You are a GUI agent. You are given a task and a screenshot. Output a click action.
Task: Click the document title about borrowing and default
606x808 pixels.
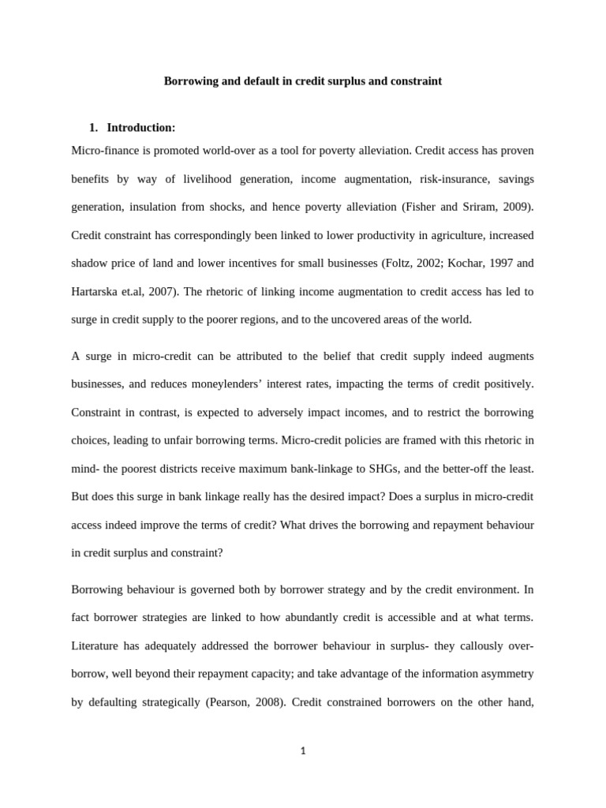[302, 81]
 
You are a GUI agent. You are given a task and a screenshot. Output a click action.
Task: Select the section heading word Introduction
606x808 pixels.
[140, 128]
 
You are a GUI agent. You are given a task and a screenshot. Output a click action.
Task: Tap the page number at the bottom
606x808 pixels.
[302, 751]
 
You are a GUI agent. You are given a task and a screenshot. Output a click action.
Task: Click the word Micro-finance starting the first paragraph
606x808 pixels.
[103, 150]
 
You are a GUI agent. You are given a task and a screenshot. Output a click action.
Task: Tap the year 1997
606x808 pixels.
[513, 263]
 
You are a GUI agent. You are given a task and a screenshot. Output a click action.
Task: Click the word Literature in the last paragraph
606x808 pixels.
[99, 646]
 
